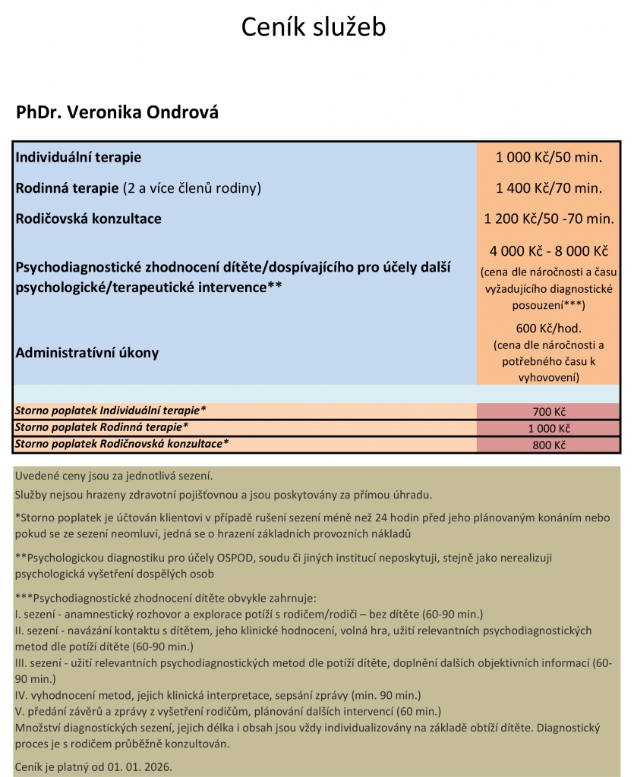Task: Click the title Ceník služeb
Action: click(x=314, y=27)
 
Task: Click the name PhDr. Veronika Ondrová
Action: click(x=117, y=112)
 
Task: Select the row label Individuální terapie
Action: click(x=78, y=158)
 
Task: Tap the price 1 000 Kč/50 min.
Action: click(x=548, y=158)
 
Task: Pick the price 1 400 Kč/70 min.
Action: click(x=548, y=188)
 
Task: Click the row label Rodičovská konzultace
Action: click(x=88, y=219)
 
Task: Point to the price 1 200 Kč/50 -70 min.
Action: click(x=548, y=219)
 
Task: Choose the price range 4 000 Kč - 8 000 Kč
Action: click(x=548, y=251)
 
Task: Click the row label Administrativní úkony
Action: click(x=87, y=353)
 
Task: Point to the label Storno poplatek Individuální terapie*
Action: click(x=110, y=411)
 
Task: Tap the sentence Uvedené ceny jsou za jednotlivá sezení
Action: click(x=114, y=477)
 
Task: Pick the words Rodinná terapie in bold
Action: click(x=68, y=188)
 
